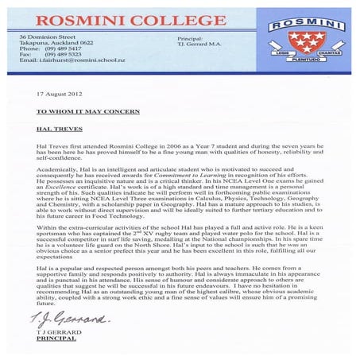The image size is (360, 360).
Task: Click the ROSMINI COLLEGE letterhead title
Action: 130,18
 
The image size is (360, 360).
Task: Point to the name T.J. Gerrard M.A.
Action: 193,45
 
